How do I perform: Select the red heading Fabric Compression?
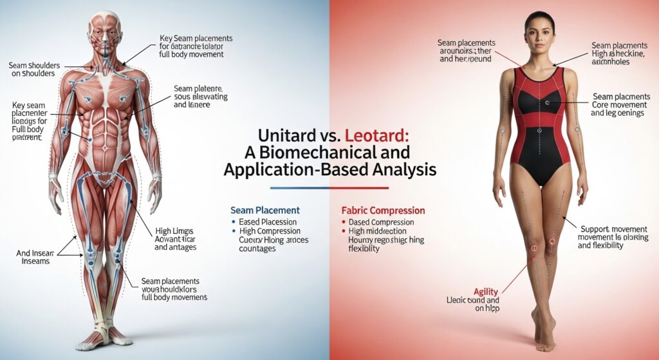382,210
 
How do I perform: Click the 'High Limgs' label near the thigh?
174,231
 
